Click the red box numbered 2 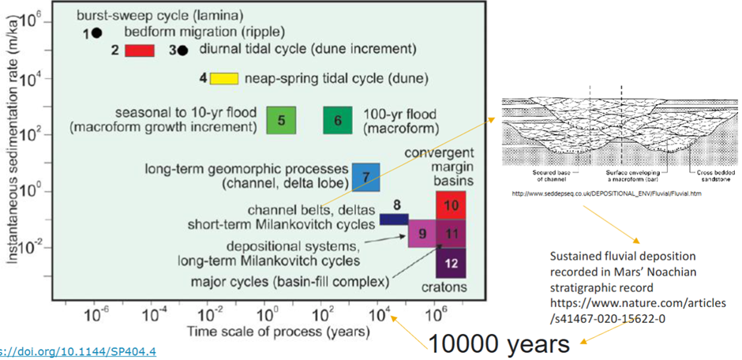(139, 51)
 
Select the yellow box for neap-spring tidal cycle (224, 78)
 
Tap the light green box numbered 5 (280, 120)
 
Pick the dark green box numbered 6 (337, 120)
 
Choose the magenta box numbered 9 (422, 234)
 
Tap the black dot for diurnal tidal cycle (182, 51)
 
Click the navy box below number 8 (393, 219)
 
